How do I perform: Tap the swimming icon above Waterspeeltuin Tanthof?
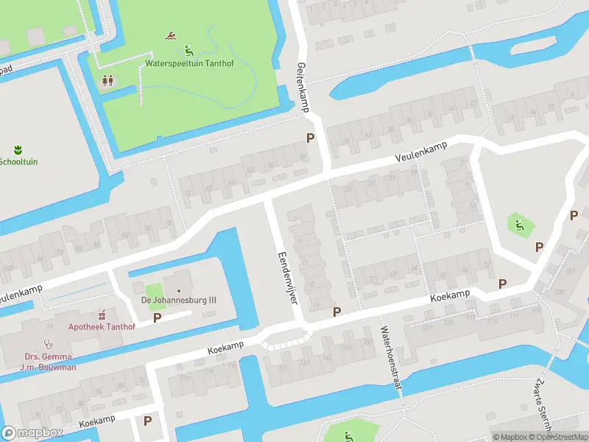click(171, 35)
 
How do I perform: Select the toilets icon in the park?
click(108, 80)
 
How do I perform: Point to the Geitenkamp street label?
click(301, 88)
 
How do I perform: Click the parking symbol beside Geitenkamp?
click(310, 138)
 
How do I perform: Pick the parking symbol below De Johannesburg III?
click(157, 318)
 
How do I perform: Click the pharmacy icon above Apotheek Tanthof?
click(102, 313)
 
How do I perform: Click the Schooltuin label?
click(18, 161)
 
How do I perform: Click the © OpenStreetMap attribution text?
click(559, 437)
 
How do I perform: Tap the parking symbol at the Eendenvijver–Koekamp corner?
click(336, 312)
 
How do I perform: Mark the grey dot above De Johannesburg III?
click(177, 290)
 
